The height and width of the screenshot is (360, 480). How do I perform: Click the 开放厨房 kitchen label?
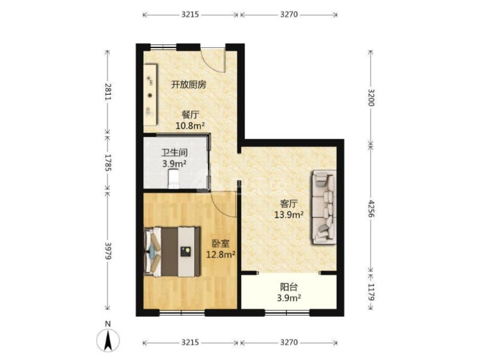tap(189, 85)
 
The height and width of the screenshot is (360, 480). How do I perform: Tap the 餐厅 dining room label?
tap(190, 115)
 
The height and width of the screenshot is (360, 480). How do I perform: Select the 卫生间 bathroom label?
tap(173, 152)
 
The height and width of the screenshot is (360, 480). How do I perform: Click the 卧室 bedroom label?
tap(220, 244)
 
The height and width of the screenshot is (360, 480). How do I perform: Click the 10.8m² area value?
tap(190, 125)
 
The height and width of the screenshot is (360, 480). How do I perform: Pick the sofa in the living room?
tap(323, 208)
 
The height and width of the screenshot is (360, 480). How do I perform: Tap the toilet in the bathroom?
tap(173, 178)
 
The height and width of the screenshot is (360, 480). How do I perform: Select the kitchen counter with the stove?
tap(150, 96)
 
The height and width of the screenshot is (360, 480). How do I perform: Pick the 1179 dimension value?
tap(371, 292)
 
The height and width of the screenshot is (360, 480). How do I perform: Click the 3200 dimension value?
tap(371, 97)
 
